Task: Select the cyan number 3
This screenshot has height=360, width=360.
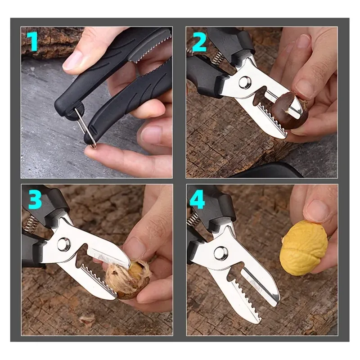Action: coord(35,200)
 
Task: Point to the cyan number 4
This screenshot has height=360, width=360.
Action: coord(197,200)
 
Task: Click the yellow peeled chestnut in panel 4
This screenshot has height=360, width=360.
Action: coord(304,249)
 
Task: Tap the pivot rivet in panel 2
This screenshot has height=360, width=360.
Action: coord(244,82)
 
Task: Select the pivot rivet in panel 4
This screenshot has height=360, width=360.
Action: coord(220,253)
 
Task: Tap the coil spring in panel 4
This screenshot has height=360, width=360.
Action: coord(193,220)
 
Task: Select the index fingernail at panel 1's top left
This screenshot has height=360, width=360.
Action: coord(72,60)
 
